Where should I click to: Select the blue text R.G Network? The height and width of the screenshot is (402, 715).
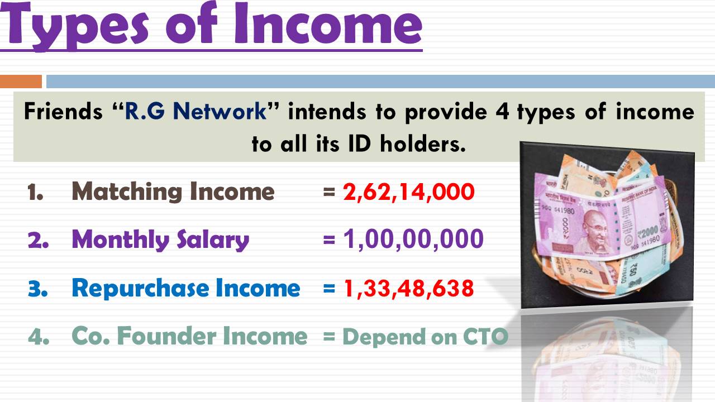tap(196, 111)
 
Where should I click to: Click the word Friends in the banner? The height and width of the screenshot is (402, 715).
tap(63, 111)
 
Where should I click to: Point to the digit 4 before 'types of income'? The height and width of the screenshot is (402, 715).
tap(502, 112)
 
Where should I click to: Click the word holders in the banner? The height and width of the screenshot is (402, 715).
tap(423, 143)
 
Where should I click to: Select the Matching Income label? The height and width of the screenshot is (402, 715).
tap(173, 192)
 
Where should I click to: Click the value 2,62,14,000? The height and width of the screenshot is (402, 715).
tap(408, 192)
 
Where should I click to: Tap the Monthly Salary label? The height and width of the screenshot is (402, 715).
tap(160, 240)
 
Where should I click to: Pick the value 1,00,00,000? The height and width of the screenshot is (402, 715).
tap(413, 239)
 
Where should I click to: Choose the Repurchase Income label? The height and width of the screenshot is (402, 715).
tap(186, 289)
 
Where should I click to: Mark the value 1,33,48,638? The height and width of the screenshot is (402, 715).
tap(408, 289)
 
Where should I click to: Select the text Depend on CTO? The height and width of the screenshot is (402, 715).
tap(425, 337)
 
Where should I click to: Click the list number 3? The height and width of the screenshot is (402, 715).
tap(37, 289)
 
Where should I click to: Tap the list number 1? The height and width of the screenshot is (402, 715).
tap(35, 192)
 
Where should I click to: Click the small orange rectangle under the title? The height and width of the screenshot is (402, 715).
tap(21, 82)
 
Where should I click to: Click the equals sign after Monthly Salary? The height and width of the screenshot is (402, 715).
tap(329, 240)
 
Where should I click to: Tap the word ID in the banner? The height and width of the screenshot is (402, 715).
tap(359, 143)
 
